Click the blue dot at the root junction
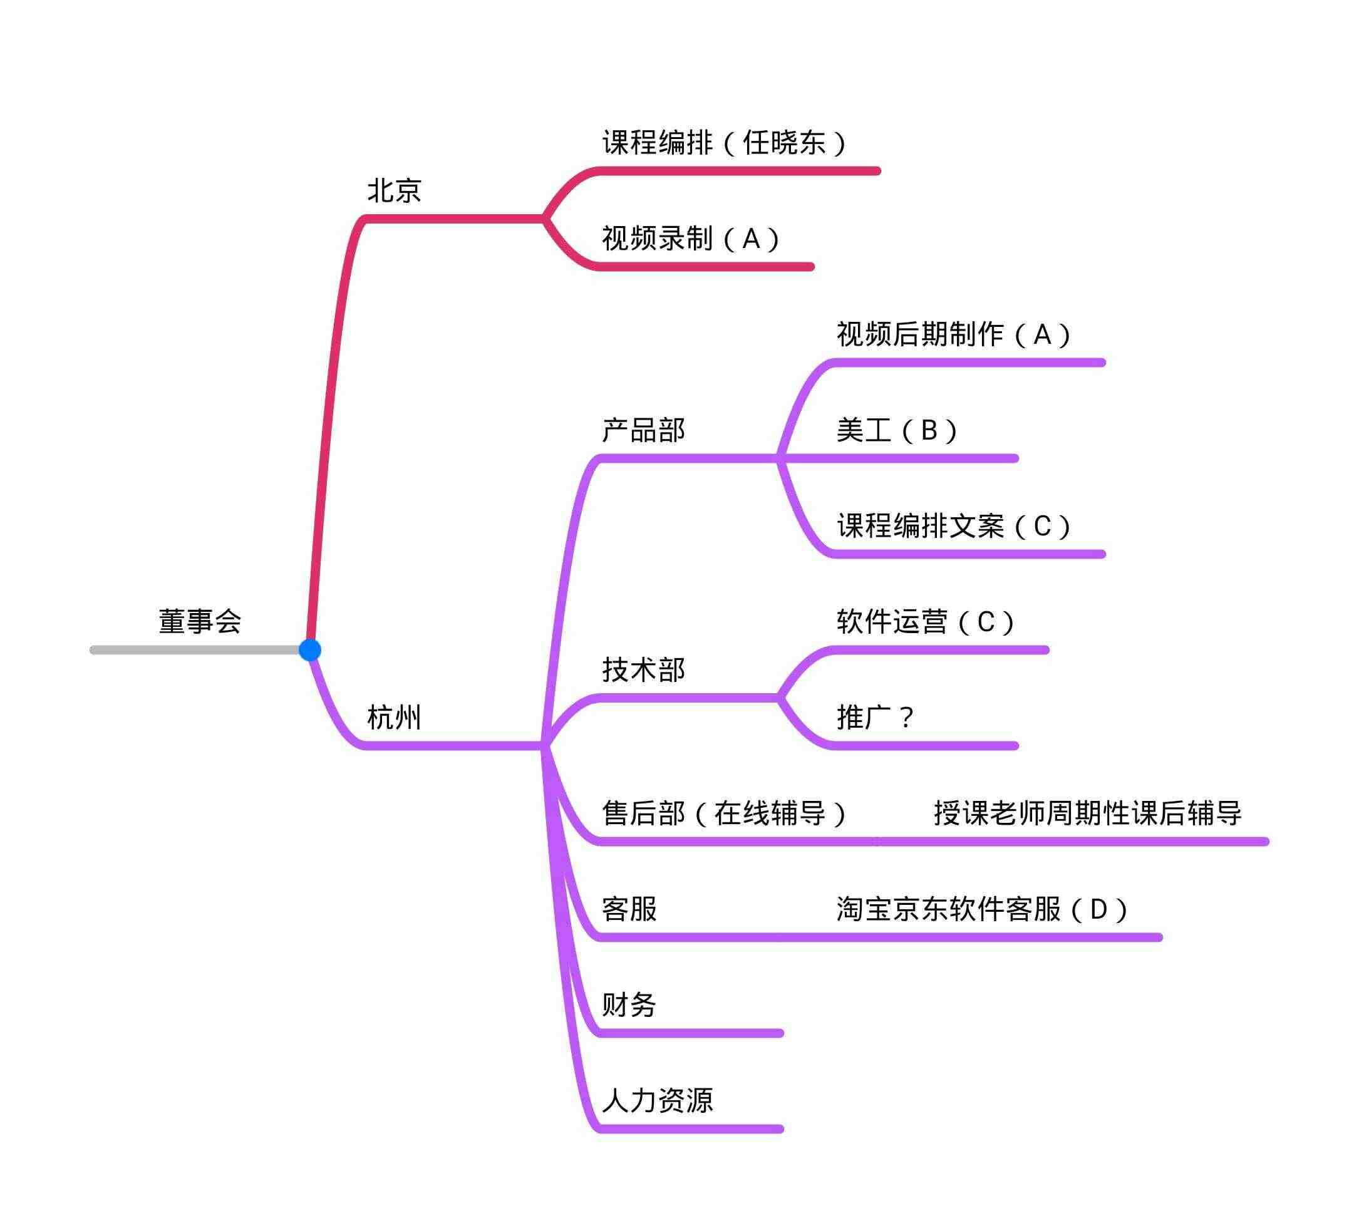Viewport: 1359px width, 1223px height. click(310, 650)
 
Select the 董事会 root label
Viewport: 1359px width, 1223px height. click(200, 621)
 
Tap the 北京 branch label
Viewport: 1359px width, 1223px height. click(395, 190)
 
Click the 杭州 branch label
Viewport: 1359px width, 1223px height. click(395, 718)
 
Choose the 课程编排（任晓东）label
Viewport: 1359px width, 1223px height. click(725, 142)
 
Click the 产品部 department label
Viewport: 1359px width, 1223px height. click(643, 430)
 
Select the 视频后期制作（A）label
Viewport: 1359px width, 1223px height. click(954, 334)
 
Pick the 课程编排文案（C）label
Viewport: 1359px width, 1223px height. click(954, 525)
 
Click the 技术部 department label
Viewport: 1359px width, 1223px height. click(643, 669)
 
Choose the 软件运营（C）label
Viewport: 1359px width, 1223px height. click(926, 622)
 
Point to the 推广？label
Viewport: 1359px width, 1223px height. click(876, 718)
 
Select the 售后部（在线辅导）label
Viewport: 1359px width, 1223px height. click(725, 813)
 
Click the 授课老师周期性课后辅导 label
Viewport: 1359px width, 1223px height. click(1087, 813)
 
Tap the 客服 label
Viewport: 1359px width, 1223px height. click(629, 909)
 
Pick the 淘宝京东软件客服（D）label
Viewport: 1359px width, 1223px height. click(983, 909)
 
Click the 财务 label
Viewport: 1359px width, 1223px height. click(629, 1004)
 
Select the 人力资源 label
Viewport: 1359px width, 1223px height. click(658, 1101)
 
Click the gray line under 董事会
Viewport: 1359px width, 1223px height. click(195, 650)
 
